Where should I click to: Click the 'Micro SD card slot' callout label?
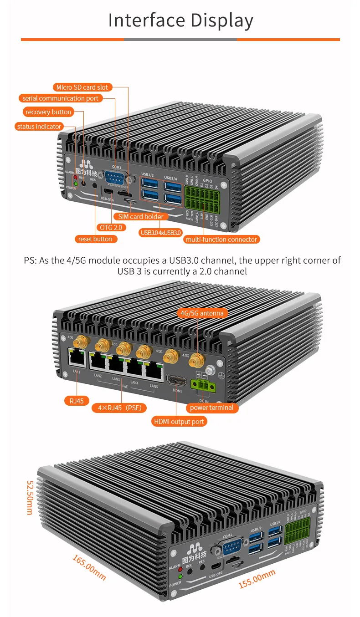[82, 87]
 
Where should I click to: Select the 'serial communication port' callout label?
[60, 98]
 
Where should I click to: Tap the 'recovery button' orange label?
[48, 112]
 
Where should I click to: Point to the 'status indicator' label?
[39, 126]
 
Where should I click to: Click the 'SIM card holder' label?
[140, 217]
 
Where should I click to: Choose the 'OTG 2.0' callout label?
[111, 227]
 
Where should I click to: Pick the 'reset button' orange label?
[95, 239]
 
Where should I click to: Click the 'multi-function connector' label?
[221, 239]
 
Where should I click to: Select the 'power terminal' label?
[211, 408]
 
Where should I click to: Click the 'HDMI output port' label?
[179, 422]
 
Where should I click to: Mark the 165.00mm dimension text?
[89, 567]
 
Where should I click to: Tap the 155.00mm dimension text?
[257, 579]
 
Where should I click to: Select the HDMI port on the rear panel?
[176, 380]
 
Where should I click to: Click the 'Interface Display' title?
[180, 21]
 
